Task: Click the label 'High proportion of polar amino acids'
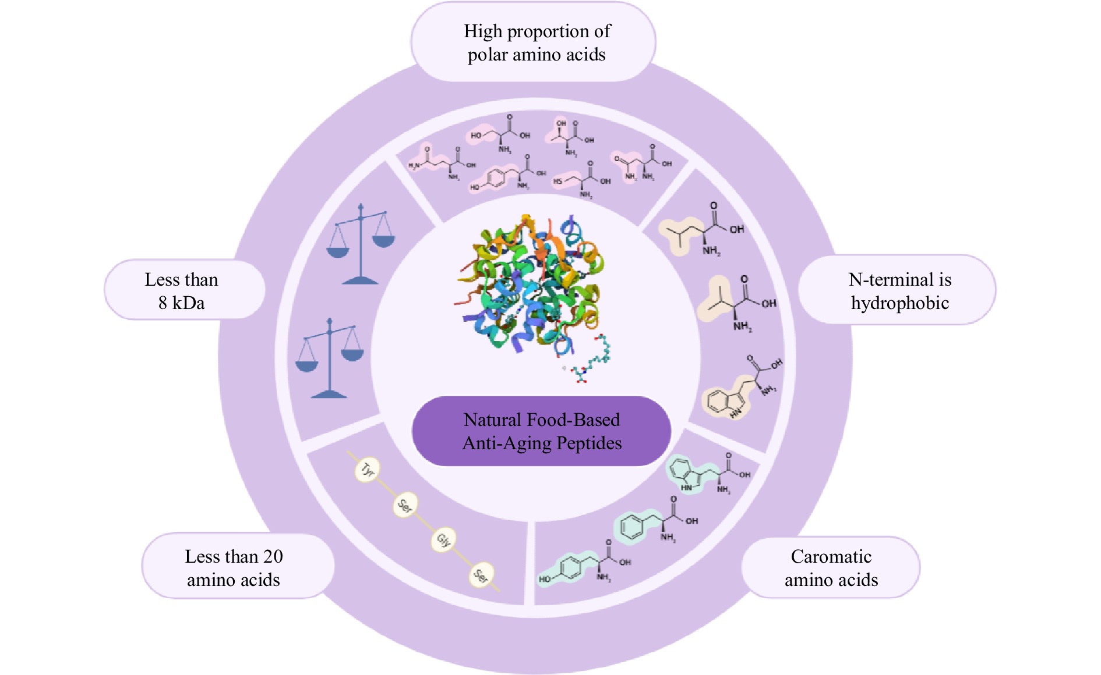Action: [537, 42]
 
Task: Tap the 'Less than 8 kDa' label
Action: [182, 291]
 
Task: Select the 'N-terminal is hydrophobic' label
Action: [899, 291]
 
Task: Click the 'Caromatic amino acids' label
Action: [831, 568]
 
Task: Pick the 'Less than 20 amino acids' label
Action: [234, 568]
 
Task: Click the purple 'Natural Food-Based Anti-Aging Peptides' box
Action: [542, 432]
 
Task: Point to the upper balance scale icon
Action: [361, 244]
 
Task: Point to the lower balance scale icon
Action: [330, 359]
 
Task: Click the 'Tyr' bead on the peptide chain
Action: [367, 470]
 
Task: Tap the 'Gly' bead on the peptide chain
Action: [443, 541]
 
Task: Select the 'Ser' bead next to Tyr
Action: [405, 505]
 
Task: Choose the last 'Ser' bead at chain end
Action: [481, 575]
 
